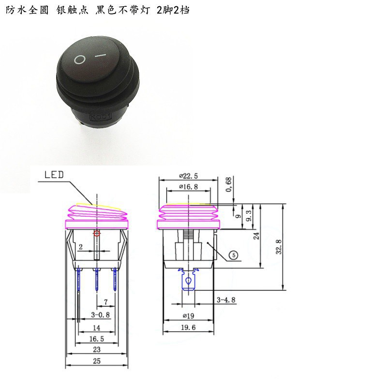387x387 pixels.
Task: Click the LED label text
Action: (54, 175)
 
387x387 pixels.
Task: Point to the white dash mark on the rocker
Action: (101, 55)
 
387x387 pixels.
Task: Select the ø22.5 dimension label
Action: (188, 176)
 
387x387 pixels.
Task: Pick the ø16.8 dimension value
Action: (188, 187)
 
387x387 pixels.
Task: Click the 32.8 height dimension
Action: (279, 247)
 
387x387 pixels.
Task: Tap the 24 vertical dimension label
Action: (256, 236)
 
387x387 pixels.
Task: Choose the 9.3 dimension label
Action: (249, 215)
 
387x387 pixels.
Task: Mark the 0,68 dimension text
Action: (228, 184)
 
